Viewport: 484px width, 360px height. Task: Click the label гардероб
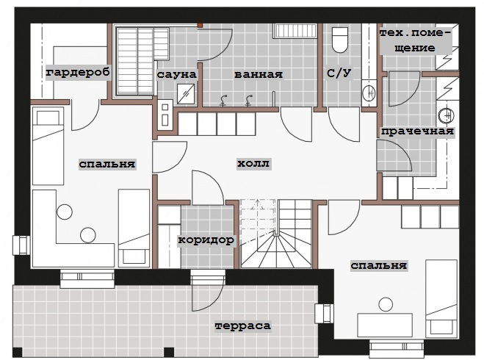[x=78, y=73]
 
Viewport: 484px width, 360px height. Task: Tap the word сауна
[x=176, y=74]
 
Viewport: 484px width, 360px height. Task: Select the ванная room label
[x=259, y=75]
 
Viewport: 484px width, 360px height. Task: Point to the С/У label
[x=339, y=73]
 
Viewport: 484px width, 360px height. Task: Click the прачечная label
[x=417, y=132]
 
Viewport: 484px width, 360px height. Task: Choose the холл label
[x=253, y=163]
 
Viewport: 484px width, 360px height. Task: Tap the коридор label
[x=206, y=240]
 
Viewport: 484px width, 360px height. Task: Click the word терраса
[x=243, y=325]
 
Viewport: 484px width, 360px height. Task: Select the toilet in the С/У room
[x=339, y=40]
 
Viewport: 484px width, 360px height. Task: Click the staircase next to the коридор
[x=276, y=234]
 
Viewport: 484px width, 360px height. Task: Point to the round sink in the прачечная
[x=447, y=115]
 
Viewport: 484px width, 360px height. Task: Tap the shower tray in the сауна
[x=186, y=94]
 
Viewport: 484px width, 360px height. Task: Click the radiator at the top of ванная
[x=295, y=31]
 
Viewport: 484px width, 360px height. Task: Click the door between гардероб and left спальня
[x=84, y=115]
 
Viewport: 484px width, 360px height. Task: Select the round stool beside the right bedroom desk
[x=386, y=304]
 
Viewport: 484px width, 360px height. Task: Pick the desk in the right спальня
[x=385, y=325]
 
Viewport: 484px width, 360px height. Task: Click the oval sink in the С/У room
[x=369, y=93]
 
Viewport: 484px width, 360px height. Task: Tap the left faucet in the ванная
[x=223, y=101]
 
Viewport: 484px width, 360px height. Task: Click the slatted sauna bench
[x=142, y=61]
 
